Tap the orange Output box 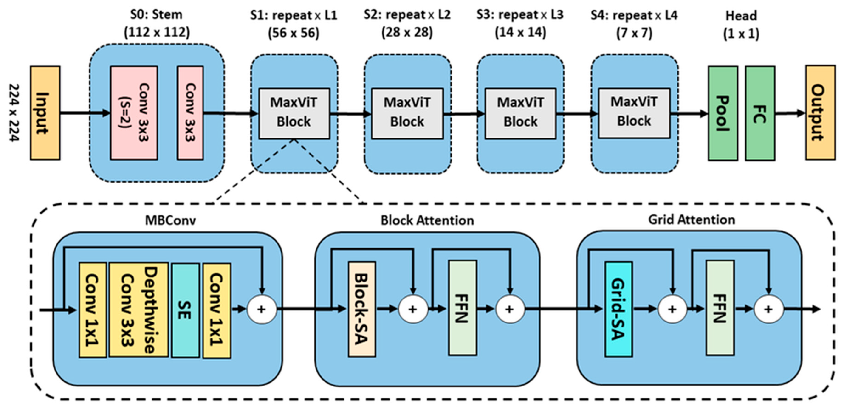(820, 113)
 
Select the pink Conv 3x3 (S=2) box (134, 113)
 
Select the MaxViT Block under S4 (634, 113)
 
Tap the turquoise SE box (185, 310)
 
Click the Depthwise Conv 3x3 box (138, 310)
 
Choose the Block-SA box (362, 309)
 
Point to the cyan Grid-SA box (618, 309)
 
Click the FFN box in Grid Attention (720, 308)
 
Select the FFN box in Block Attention (462, 308)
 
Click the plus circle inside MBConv (261, 309)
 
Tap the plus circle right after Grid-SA (672, 309)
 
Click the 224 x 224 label (14, 113)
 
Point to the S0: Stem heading (156, 15)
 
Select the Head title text (741, 16)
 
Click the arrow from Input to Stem (85, 113)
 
